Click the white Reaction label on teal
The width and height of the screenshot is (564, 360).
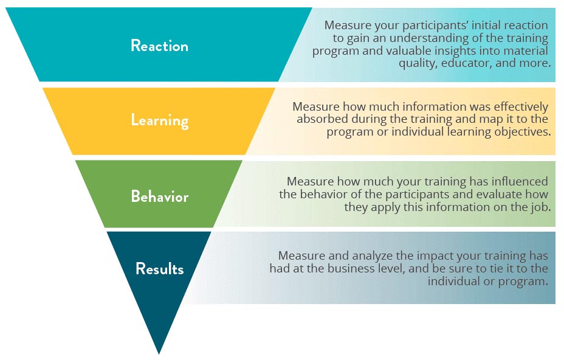coord(159,46)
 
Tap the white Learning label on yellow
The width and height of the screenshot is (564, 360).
coord(160,120)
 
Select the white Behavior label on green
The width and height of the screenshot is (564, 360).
coord(160,196)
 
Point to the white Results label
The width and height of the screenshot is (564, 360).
coord(160,269)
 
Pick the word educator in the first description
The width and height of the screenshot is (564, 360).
coord(467,63)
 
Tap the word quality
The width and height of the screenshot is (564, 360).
coord(418,63)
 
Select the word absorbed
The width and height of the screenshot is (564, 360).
coord(322,119)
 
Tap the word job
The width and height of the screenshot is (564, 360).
coord(541,207)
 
